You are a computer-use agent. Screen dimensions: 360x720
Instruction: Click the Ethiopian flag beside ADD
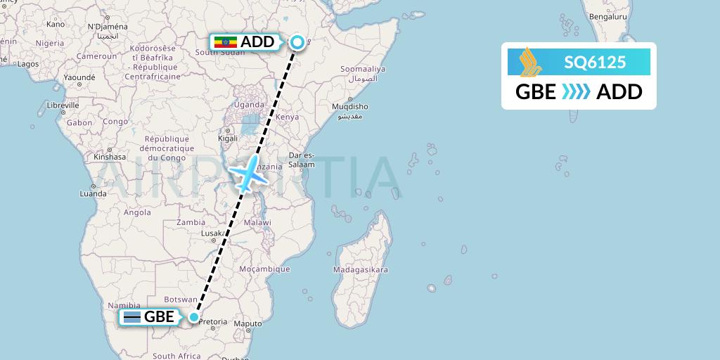pyautogui.click(x=225, y=42)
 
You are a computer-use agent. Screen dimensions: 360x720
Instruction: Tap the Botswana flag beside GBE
pyautogui.click(x=131, y=317)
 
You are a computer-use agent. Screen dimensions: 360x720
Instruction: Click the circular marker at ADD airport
pyautogui.click(x=297, y=42)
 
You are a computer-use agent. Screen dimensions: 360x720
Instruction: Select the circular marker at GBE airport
pyautogui.click(x=194, y=316)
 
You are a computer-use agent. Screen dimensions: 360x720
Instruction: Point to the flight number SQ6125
pyautogui.click(x=594, y=63)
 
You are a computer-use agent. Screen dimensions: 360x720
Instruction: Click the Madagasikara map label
pyautogui.click(x=361, y=270)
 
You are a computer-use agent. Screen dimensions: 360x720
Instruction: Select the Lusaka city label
pyautogui.click(x=212, y=233)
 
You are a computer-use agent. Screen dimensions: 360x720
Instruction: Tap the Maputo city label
pyautogui.click(x=248, y=324)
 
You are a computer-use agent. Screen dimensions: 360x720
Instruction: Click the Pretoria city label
pyautogui.click(x=213, y=321)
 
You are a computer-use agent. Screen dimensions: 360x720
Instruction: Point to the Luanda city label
pyautogui.click(x=93, y=193)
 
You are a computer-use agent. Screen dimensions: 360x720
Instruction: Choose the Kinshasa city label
pyautogui.click(x=110, y=157)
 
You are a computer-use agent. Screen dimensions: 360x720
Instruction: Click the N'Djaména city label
pyautogui.click(x=108, y=27)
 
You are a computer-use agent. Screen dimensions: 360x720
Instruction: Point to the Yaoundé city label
pyautogui.click(x=79, y=77)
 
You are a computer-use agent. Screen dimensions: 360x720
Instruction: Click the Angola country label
pyautogui.click(x=137, y=212)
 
